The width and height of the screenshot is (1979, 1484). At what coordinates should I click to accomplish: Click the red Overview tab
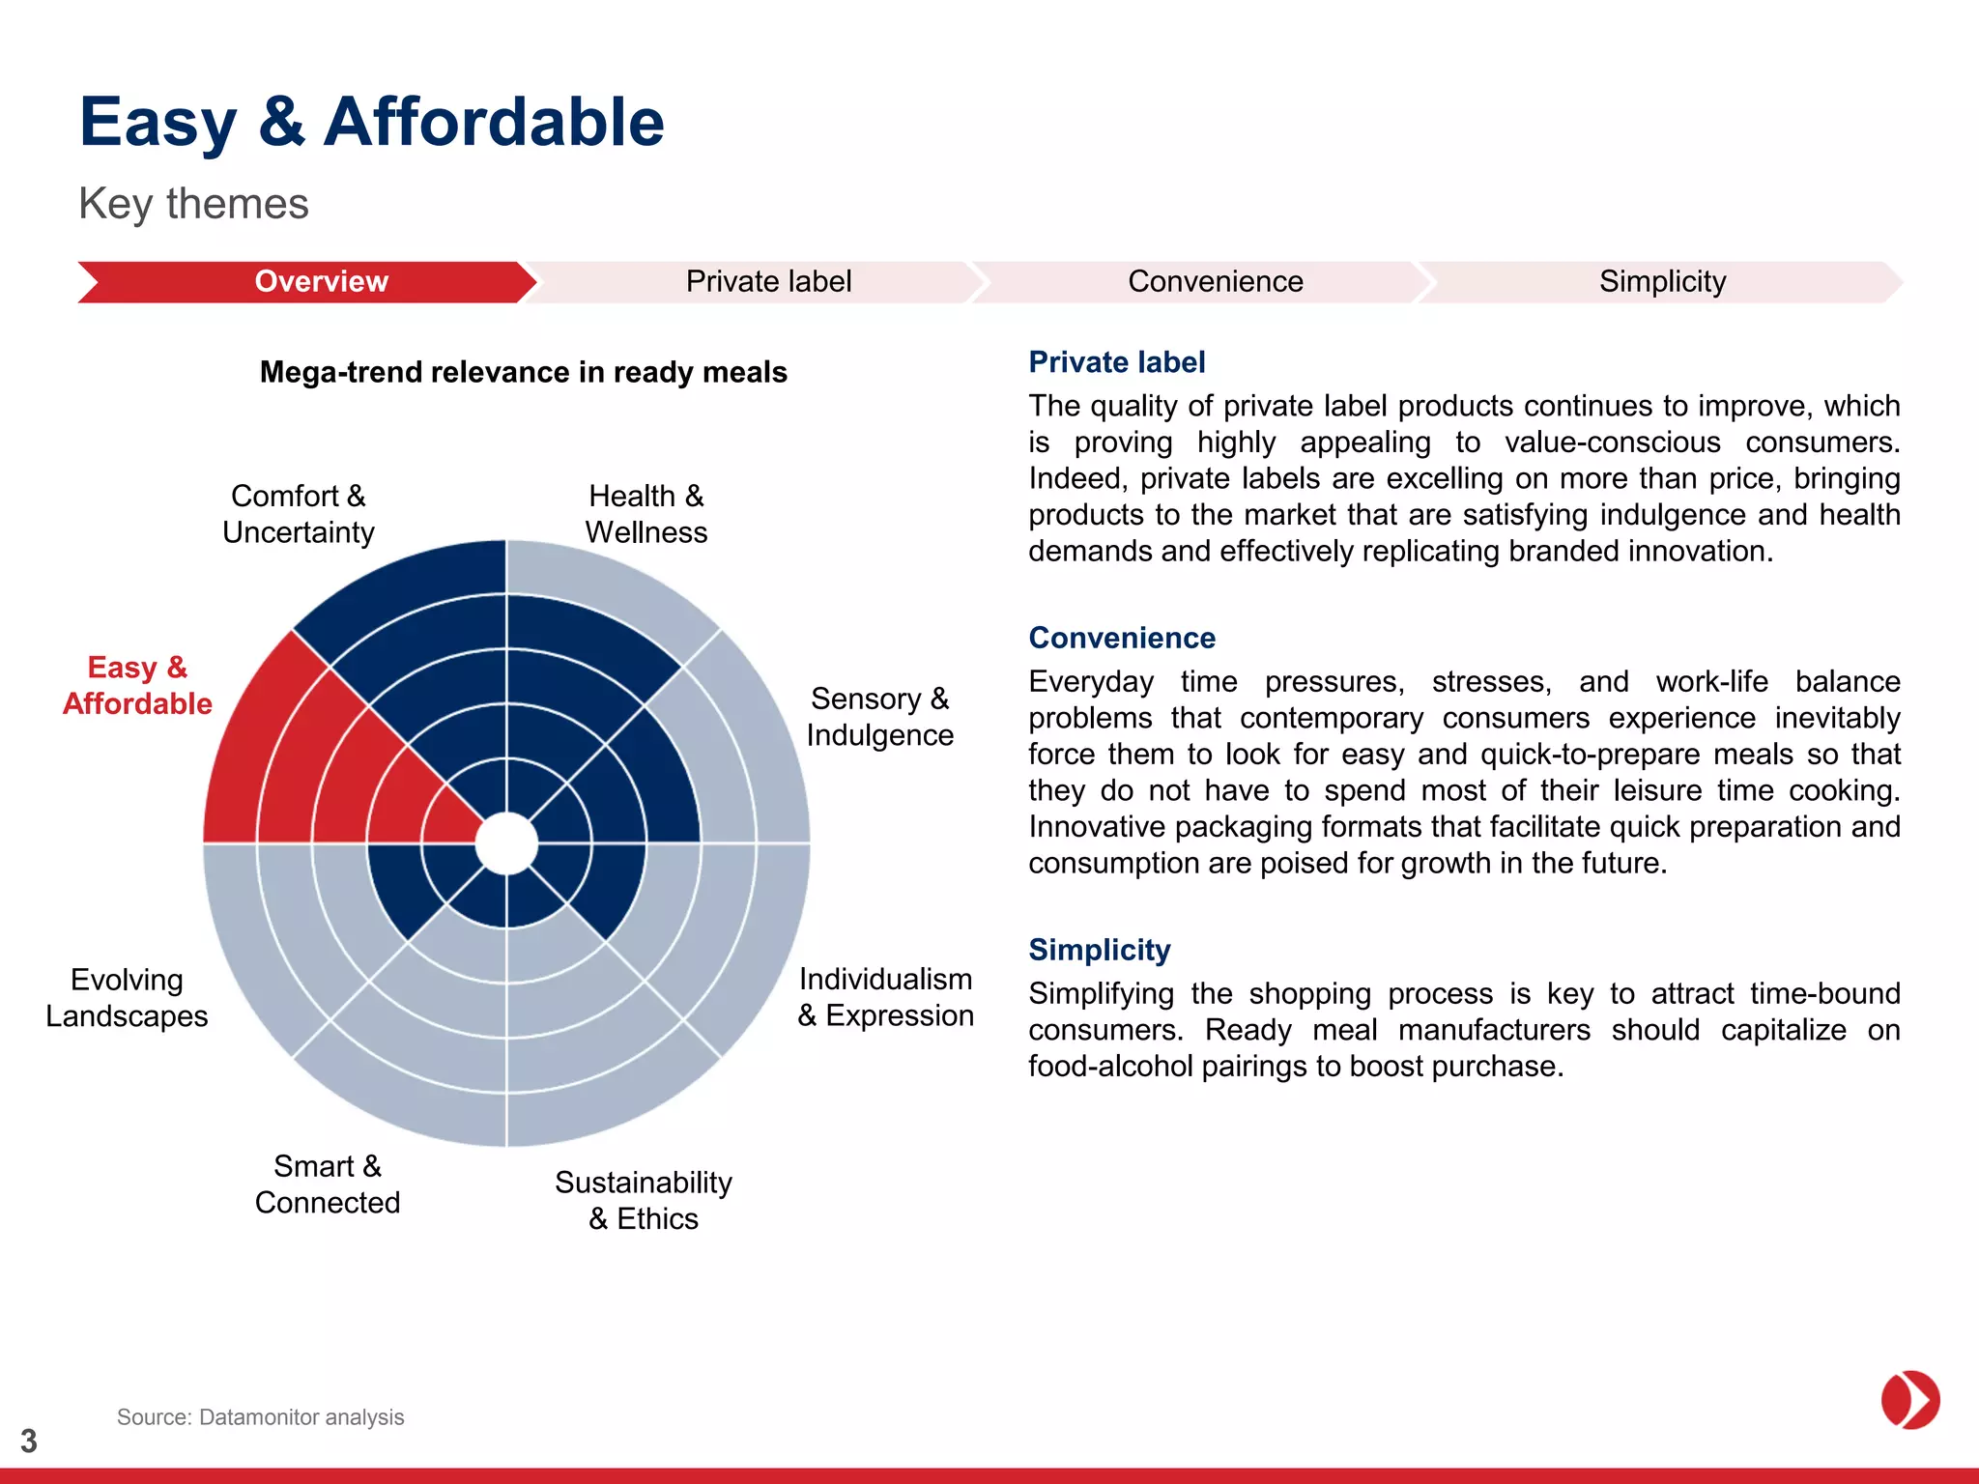coord(321,281)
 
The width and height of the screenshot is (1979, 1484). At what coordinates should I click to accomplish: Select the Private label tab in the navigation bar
coord(768,281)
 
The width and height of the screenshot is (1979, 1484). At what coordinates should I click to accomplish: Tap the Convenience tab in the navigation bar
coord(1215,281)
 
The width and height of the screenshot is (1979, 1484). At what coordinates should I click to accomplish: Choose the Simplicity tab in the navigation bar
coord(1662,281)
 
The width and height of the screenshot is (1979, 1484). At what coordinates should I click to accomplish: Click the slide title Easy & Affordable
coord(372,123)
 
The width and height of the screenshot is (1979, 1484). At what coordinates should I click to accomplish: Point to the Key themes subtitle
coord(193,204)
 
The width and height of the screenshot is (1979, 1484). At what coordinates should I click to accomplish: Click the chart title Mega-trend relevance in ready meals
coord(523,372)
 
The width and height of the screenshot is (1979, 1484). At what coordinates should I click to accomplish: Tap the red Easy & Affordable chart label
coord(137,685)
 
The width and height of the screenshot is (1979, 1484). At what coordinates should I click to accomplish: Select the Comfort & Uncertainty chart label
coord(299,514)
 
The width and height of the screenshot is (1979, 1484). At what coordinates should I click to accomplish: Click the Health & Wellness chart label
coord(646,514)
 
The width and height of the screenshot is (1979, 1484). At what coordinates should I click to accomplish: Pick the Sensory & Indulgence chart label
coord(879,717)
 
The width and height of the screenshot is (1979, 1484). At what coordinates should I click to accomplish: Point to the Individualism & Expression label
coord(885,997)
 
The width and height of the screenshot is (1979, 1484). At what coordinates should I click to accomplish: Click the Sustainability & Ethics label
coord(644,1200)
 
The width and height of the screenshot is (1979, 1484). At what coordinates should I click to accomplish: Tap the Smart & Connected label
coord(328,1184)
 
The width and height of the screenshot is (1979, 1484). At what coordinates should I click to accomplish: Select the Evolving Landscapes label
coord(127,998)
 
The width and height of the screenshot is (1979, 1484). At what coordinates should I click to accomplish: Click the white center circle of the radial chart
coord(506,843)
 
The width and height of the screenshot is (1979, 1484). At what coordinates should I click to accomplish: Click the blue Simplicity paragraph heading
coord(1099,950)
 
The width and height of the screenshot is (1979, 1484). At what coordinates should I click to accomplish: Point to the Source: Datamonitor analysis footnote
coord(260,1417)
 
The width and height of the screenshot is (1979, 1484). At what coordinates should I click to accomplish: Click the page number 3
coord(29,1441)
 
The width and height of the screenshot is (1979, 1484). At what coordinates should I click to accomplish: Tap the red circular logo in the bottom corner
coord(1909,1399)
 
